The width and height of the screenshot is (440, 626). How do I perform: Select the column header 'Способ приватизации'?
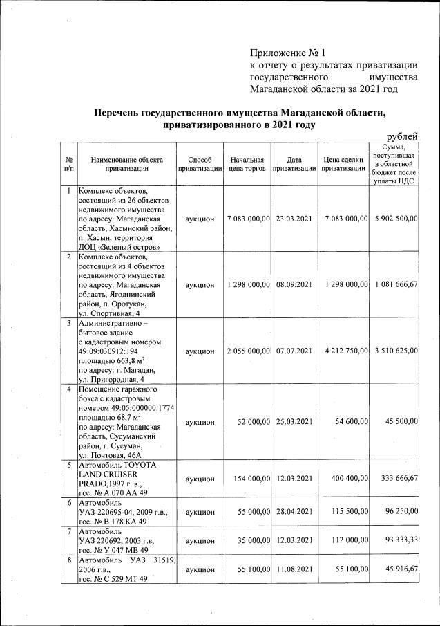pos(199,163)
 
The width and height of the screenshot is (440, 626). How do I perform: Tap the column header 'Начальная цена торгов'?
pos(247,163)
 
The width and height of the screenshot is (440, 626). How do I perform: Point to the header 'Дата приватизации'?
pos(294,163)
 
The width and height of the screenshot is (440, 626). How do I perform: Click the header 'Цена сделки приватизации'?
pos(343,163)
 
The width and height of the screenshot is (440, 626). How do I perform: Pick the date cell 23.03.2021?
pos(294,219)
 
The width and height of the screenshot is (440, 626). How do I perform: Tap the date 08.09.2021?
pos(294,284)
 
